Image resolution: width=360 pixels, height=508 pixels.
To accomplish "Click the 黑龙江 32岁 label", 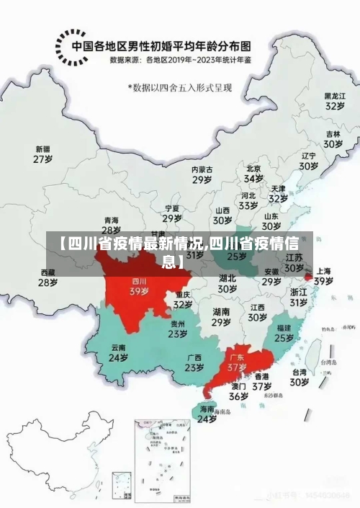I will (x=333, y=100).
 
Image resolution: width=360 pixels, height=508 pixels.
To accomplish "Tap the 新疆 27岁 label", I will (x=43, y=154).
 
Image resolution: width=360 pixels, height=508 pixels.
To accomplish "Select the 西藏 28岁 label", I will (x=48, y=278).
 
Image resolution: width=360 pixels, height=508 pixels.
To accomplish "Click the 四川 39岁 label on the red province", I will (x=139, y=287).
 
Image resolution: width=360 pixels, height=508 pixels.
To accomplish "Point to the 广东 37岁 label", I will (x=237, y=362).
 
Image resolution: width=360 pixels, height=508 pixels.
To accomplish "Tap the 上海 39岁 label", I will (x=323, y=276).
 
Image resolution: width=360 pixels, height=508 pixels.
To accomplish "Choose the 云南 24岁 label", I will (x=118, y=352).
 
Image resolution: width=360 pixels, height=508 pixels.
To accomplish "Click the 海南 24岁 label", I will (x=207, y=414).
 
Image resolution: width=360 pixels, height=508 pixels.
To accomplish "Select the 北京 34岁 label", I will (x=253, y=174).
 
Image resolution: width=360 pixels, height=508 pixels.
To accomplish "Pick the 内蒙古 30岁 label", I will (x=202, y=174).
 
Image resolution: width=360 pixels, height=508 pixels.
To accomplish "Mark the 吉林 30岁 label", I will (x=332, y=139).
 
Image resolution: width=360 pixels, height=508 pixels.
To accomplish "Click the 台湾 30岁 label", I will (x=300, y=378).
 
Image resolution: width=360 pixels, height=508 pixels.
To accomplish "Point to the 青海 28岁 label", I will (x=112, y=225).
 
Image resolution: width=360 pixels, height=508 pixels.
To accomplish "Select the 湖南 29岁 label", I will (x=221, y=317).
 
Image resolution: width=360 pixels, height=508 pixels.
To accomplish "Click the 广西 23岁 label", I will (x=194, y=362).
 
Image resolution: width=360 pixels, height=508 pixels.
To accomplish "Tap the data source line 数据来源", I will (x=181, y=61).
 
